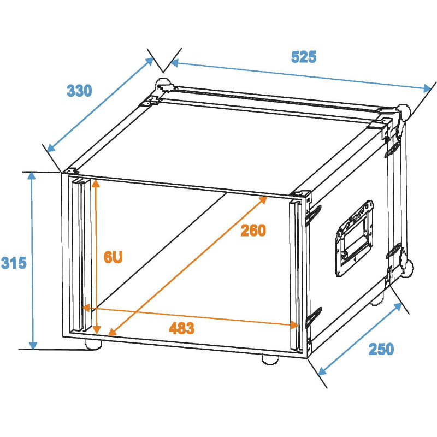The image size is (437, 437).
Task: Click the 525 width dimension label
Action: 304,57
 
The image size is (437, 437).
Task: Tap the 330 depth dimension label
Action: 79,91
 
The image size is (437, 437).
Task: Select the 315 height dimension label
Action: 14,263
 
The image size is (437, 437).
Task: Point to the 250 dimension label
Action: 381,349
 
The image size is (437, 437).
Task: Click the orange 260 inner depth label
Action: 253,231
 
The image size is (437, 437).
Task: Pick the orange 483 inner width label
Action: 181,328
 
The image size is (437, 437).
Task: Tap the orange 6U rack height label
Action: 113,257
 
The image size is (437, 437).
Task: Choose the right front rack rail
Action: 296,275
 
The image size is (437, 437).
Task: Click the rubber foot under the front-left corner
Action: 93,345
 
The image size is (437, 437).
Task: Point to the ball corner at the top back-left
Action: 164,85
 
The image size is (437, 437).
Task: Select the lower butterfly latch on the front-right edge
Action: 314,317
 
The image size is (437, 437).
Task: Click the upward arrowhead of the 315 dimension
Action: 32,176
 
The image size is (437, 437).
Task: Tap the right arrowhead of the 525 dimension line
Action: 427,88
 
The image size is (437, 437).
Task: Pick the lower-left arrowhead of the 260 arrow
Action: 112,332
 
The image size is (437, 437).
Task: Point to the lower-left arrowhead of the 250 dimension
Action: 322,371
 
